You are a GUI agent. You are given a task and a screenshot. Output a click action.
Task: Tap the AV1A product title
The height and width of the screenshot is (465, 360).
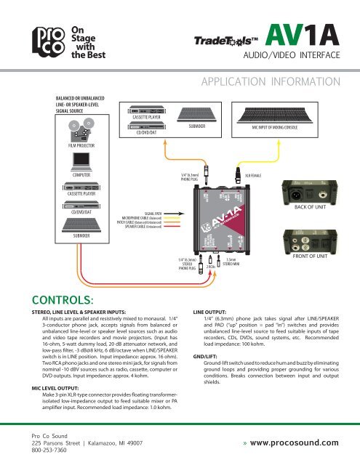(x=300, y=35)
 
